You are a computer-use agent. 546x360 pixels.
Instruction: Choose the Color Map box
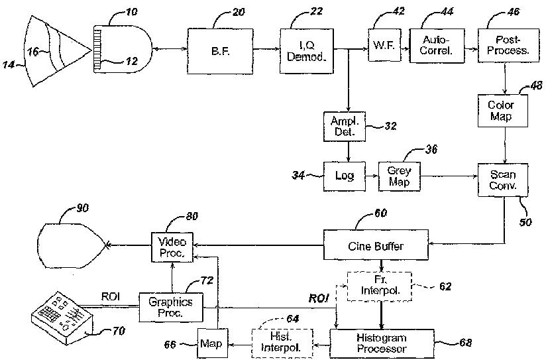[x=501, y=111]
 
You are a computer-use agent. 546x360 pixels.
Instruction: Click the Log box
[x=345, y=176]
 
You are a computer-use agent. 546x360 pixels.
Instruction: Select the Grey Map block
[x=400, y=176]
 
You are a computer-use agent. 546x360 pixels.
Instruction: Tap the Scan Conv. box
[x=503, y=179]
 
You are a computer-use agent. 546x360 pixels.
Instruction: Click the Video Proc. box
[x=170, y=246]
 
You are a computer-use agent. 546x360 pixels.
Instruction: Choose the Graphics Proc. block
[x=170, y=307]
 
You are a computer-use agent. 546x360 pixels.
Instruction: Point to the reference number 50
[x=525, y=221]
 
